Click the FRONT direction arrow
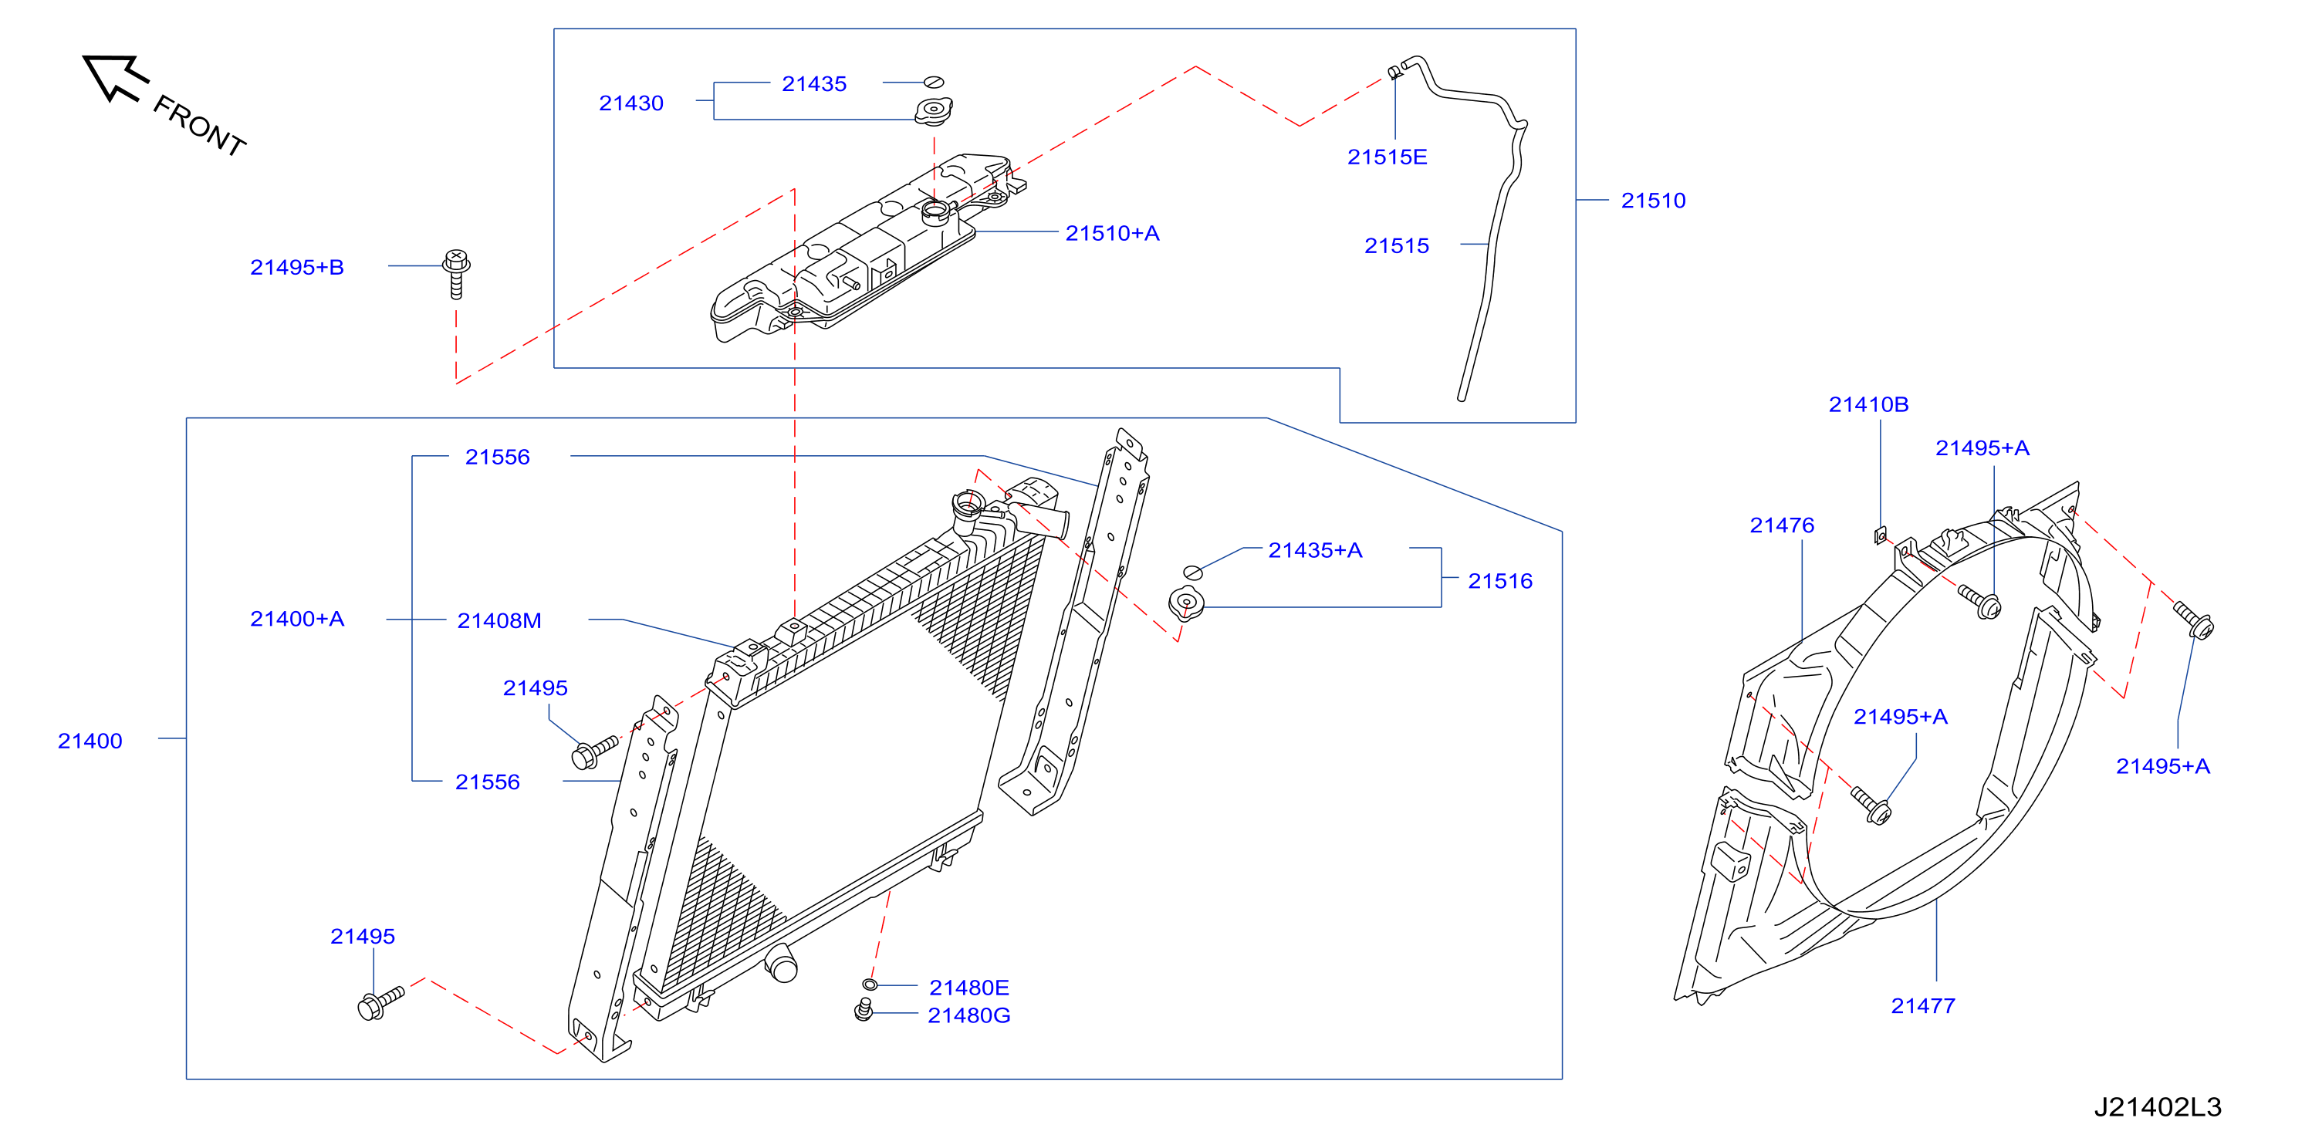click(x=114, y=77)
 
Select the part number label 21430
click(x=631, y=103)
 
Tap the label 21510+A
click(x=1112, y=233)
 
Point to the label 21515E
click(x=1387, y=157)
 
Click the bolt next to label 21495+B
click(x=456, y=274)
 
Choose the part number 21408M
click(x=499, y=621)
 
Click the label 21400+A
click(x=297, y=619)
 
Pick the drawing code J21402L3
click(x=2158, y=1107)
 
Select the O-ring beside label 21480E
click(x=870, y=985)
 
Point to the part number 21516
click(x=1499, y=582)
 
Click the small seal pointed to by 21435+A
click(x=1193, y=572)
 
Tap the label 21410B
click(x=1868, y=405)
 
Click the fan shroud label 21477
click(x=1922, y=1007)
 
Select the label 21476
click(x=1782, y=526)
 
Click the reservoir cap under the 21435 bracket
click(x=934, y=111)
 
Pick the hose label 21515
click(x=1397, y=246)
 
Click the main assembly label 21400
click(x=90, y=741)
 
